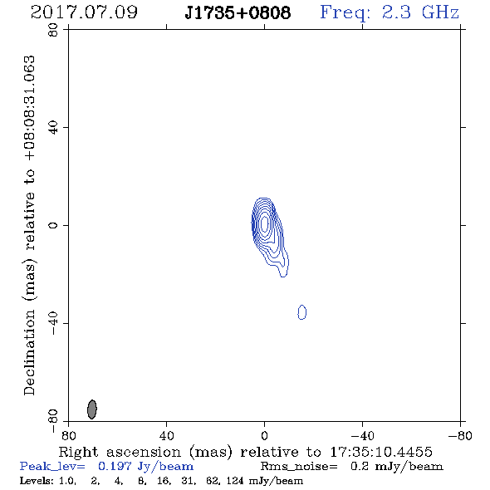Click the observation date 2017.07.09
point(84,12)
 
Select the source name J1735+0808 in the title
point(238,12)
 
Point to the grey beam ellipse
point(92,409)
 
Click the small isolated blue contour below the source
point(301,312)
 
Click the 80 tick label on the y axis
point(53,30)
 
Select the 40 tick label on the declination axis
point(53,128)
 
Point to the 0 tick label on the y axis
point(53,225)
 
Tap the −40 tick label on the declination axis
point(53,323)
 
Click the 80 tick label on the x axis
point(68,435)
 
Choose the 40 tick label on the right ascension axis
point(166,435)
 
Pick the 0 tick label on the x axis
point(264,435)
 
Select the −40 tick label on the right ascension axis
point(362,435)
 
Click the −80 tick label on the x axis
point(460,435)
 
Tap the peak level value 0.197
point(115,466)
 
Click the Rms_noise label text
point(299,467)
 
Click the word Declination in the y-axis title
point(29,353)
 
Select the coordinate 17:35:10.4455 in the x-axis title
point(381,452)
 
